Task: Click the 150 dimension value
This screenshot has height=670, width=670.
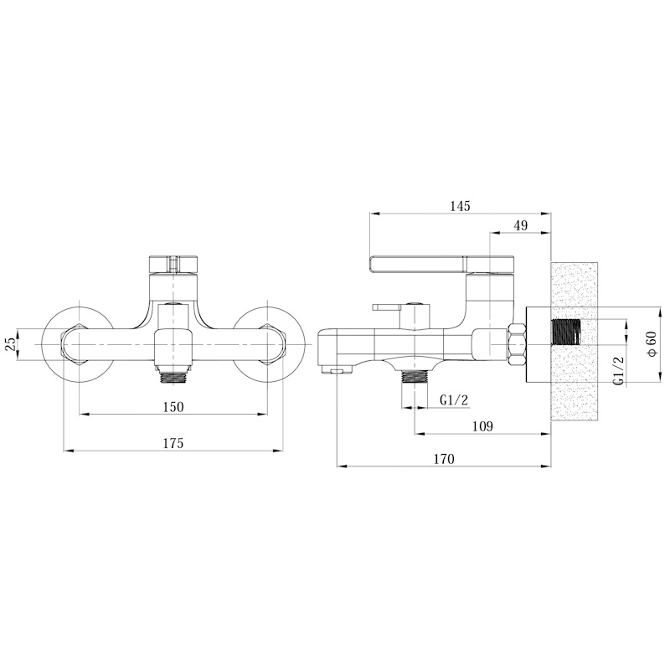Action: pyautogui.click(x=173, y=407)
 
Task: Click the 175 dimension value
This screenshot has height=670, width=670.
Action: pyautogui.click(x=173, y=443)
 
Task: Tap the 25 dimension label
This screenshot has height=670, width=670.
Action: pyautogui.click(x=11, y=344)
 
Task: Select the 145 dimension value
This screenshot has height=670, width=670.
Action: pyautogui.click(x=460, y=206)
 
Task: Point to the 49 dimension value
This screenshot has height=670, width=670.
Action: pyautogui.click(x=521, y=225)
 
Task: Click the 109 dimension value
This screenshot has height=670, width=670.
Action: pyautogui.click(x=483, y=426)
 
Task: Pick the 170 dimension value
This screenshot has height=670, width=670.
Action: pyautogui.click(x=444, y=459)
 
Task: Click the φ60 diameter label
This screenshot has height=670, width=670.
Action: pyautogui.click(x=652, y=344)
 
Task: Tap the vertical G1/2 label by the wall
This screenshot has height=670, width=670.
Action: pyautogui.click(x=620, y=371)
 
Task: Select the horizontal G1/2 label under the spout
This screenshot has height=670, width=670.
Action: pyautogui.click(x=454, y=400)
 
